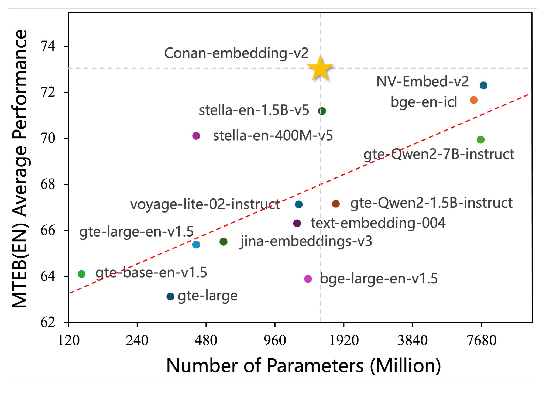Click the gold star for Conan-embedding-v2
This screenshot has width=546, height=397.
[x=320, y=69]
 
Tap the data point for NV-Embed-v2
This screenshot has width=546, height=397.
[x=483, y=85]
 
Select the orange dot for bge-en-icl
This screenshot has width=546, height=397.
[x=473, y=100]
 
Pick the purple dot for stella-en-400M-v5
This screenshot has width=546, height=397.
[x=196, y=136]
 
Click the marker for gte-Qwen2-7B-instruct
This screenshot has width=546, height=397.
[x=480, y=140]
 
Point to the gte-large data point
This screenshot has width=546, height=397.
[x=170, y=297]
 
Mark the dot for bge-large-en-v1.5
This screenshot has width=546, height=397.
[x=308, y=279]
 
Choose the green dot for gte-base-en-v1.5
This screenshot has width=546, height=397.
[x=81, y=274]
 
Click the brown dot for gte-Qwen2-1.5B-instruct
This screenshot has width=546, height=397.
[x=336, y=204]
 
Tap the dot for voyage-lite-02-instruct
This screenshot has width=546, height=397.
[x=298, y=204]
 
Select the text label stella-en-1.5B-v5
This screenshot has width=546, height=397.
[x=254, y=110]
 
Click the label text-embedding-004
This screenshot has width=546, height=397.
[x=378, y=223]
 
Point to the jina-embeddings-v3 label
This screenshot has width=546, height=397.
[x=306, y=241]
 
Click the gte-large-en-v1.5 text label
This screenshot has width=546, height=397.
[x=136, y=232]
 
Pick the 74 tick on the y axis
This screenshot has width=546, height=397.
[x=48, y=46]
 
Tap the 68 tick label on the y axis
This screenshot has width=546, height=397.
[x=48, y=184]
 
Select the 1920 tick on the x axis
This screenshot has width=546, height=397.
[x=344, y=340]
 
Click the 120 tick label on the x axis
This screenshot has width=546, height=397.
[x=68, y=340]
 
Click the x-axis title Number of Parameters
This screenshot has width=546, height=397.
[x=303, y=366]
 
